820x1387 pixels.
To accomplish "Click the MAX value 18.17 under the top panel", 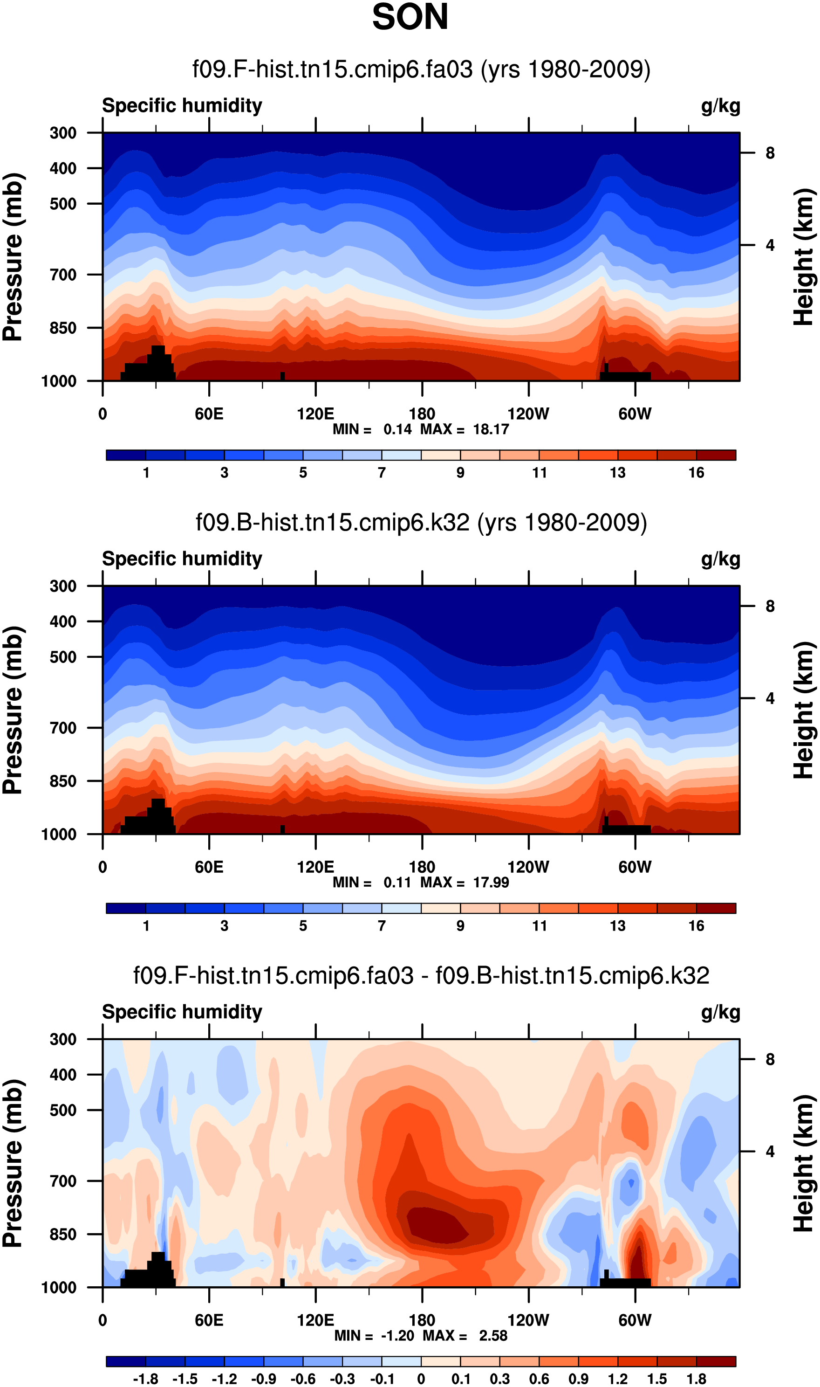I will click(x=491, y=429).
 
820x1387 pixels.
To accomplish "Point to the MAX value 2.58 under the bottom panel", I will click(x=493, y=1336).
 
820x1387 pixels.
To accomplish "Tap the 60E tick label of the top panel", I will click(x=209, y=414).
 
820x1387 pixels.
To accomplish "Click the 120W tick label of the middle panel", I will click(x=528, y=867).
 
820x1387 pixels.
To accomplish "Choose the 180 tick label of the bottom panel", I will click(x=422, y=1320).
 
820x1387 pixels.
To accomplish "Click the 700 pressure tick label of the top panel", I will click(x=63, y=275).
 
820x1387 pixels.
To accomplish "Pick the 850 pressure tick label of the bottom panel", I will click(x=63, y=1235).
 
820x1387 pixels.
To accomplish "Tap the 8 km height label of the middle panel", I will click(x=770, y=607).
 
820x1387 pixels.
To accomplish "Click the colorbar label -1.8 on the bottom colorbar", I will click(x=145, y=1379).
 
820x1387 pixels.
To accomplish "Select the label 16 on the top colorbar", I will click(x=696, y=473).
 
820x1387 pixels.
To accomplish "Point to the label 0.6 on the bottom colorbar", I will click(x=539, y=1379).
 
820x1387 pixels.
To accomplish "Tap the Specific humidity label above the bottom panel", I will click(x=182, y=1012).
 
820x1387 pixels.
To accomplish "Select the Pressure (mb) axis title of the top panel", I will click(x=13, y=257).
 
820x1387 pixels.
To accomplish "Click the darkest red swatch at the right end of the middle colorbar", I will click(x=716, y=908).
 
